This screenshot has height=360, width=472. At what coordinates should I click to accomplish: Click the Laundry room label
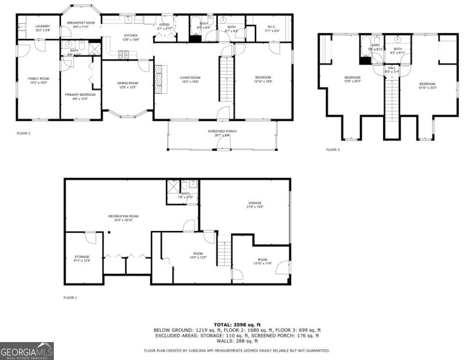point(42,26)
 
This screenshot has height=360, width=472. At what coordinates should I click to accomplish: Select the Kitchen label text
point(130,35)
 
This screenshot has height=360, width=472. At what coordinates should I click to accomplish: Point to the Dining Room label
point(127,83)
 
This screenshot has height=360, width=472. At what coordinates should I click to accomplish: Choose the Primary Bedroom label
point(80,94)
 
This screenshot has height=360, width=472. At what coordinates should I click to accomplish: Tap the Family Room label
point(39,79)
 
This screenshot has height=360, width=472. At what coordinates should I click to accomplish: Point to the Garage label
point(255,203)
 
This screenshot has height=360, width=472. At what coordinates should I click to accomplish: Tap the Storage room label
point(82,257)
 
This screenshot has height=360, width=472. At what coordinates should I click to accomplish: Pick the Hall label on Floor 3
point(391,68)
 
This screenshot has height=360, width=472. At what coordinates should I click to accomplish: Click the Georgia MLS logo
point(27,351)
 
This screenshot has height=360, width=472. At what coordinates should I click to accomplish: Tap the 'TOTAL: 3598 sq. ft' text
point(237,324)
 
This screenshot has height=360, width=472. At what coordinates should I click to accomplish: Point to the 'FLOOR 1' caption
point(70,298)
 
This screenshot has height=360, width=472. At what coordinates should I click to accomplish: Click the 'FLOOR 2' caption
point(23,133)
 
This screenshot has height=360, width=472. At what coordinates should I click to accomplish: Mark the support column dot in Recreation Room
point(109,233)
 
